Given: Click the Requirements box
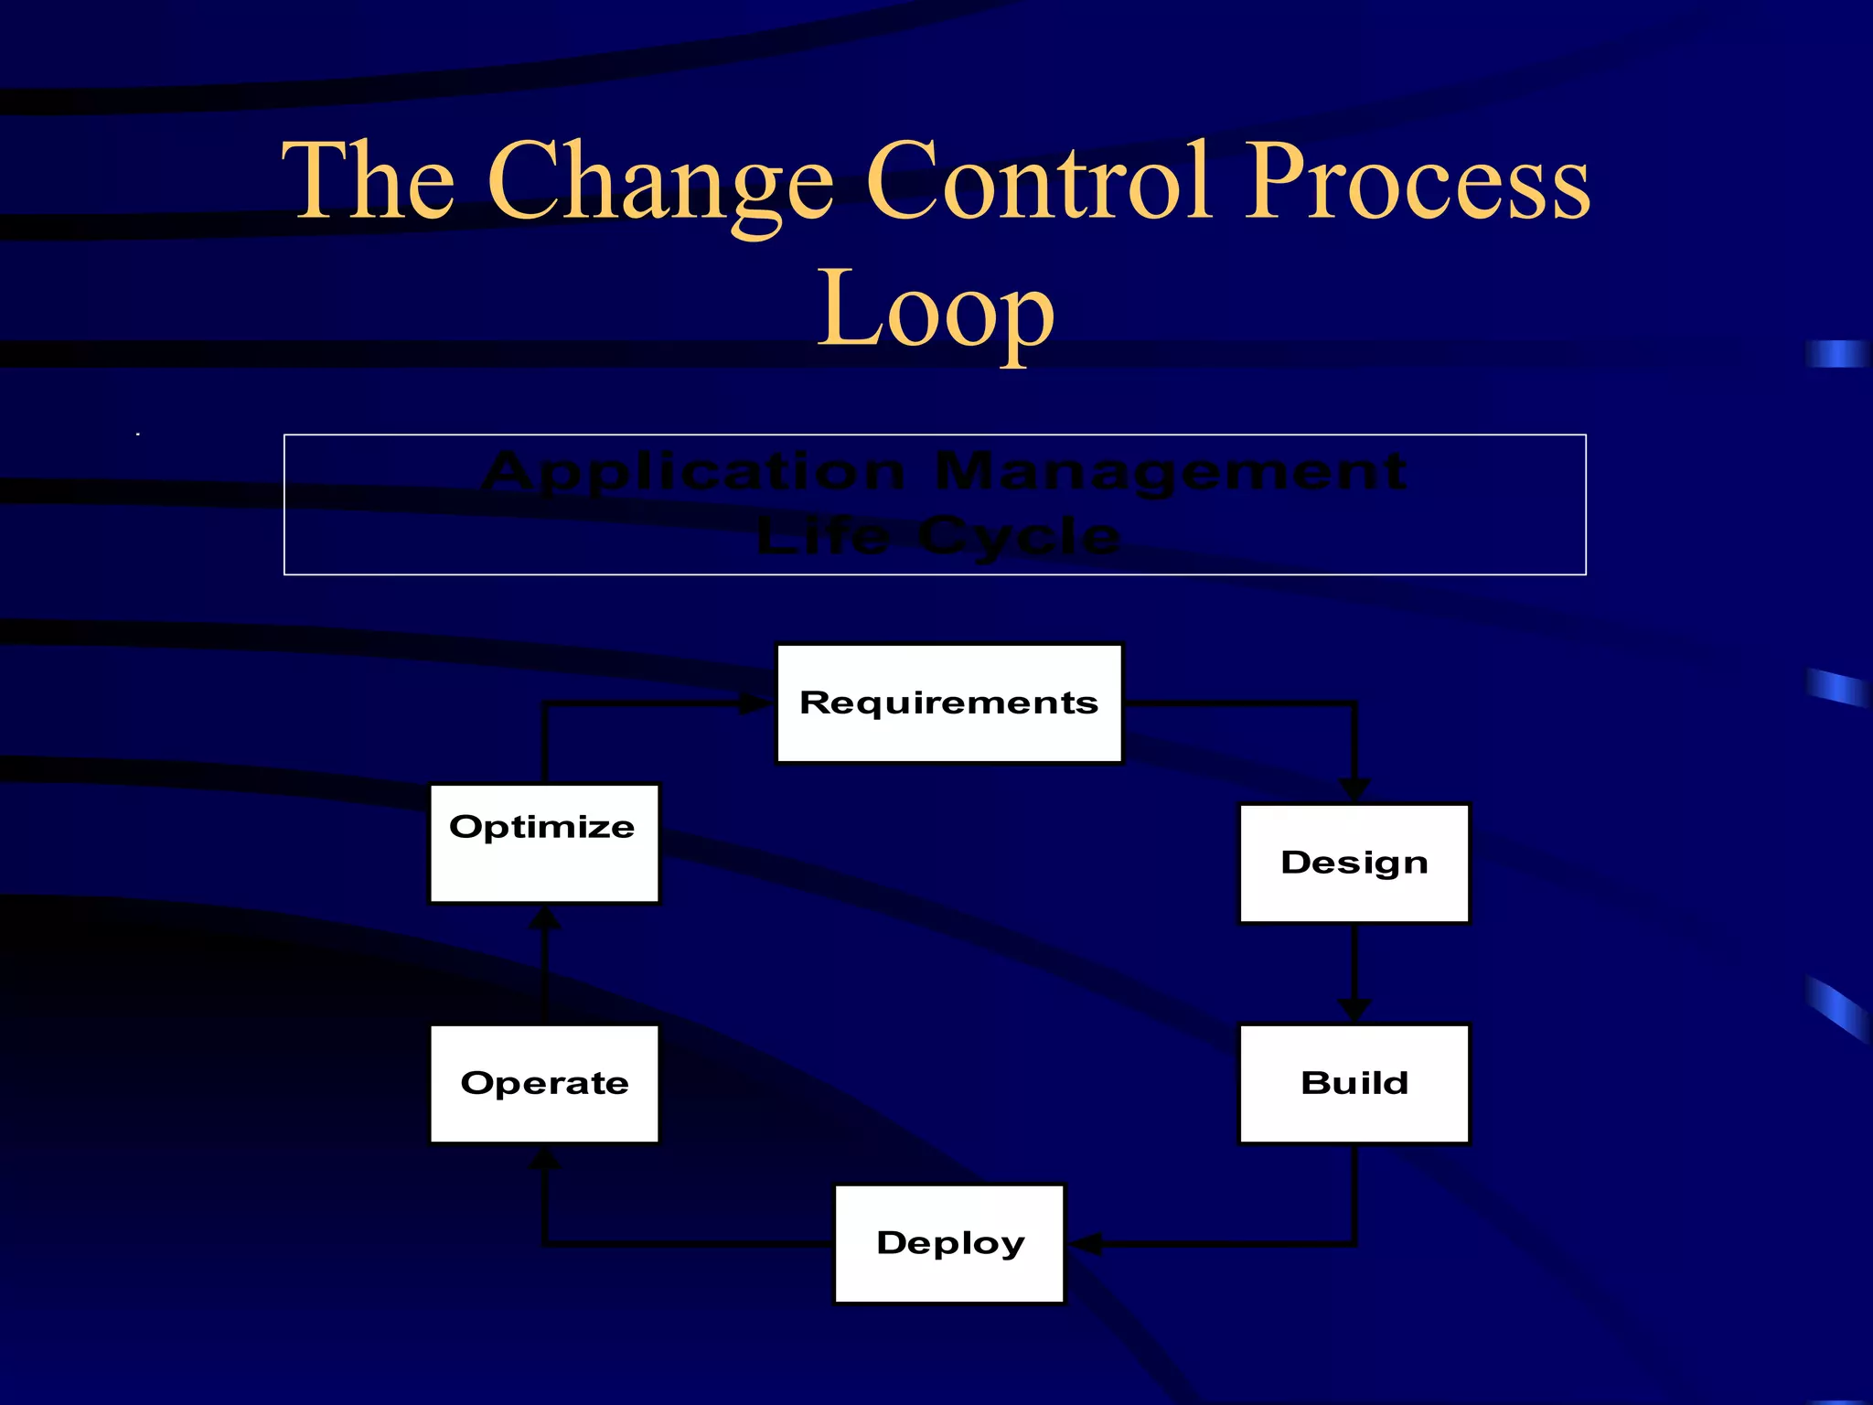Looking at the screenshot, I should [x=948, y=702].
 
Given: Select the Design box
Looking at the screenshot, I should [x=1354, y=863].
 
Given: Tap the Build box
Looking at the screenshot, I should [x=1354, y=1083].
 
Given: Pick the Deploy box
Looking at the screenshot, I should [x=949, y=1243].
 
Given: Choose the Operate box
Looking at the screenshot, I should [x=544, y=1083].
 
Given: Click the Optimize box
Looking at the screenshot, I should [x=544, y=842].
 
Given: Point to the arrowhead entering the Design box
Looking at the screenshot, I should [x=1354, y=790].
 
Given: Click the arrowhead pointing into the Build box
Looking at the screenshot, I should [x=1354, y=1011].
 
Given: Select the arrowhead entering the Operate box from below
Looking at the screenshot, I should [x=545, y=1158].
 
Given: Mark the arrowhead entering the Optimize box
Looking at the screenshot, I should [x=545, y=917].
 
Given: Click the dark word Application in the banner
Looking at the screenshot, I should [x=693, y=473].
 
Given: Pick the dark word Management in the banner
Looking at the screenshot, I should [x=1171, y=473].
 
